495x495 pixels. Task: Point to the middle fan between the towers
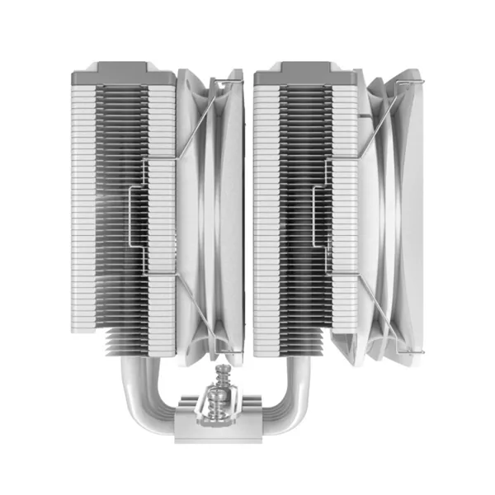click(210, 214)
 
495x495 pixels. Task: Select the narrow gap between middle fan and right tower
click(250, 214)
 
